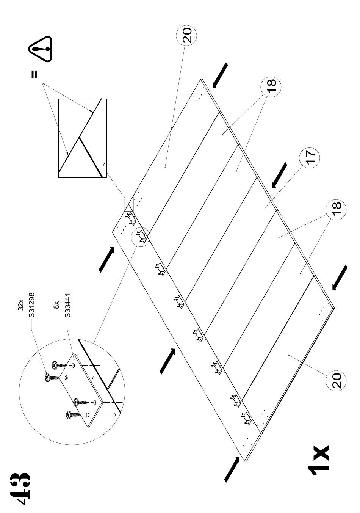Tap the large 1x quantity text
319,458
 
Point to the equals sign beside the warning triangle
34,74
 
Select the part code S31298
31,305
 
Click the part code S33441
67,305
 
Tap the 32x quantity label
21,304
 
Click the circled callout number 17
310,158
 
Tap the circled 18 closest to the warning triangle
271,86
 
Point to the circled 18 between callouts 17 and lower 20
336,210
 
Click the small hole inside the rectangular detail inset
105,165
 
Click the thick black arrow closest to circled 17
279,175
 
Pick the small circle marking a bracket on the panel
141,237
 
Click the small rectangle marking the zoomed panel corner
129,204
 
